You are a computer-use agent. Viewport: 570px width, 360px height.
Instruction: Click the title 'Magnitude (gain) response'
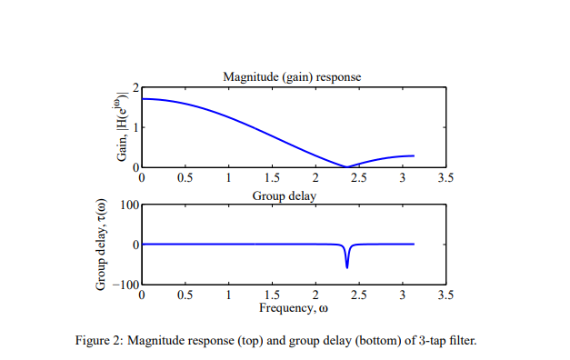(x=292, y=77)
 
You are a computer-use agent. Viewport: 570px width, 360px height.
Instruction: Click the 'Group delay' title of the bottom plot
(x=292, y=195)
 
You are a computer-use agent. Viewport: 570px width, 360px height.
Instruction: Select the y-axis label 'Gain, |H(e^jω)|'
(x=122, y=127)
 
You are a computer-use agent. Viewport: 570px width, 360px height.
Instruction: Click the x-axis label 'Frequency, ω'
(x=293, y=307)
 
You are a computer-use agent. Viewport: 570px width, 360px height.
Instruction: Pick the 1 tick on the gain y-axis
(x=135, y=127)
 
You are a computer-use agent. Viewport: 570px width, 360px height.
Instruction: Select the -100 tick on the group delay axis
(x=126, y=286)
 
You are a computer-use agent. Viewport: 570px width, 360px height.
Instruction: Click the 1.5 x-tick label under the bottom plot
(x=271, y=295)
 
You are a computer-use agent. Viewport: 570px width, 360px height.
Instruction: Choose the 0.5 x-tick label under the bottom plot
(x=185, y=295)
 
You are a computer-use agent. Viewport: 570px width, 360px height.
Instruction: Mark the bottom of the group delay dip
(x=346, y=267)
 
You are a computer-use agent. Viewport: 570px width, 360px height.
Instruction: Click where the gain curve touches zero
(x=346, y=167)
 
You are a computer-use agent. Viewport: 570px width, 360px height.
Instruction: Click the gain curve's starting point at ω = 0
(x=143, y=98)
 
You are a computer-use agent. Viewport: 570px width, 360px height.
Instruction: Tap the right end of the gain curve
(x=414, y=156)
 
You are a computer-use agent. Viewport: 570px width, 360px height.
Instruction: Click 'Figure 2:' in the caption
(x=99, y=341)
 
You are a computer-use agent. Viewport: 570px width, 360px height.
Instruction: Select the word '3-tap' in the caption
(x=435, y=341)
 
